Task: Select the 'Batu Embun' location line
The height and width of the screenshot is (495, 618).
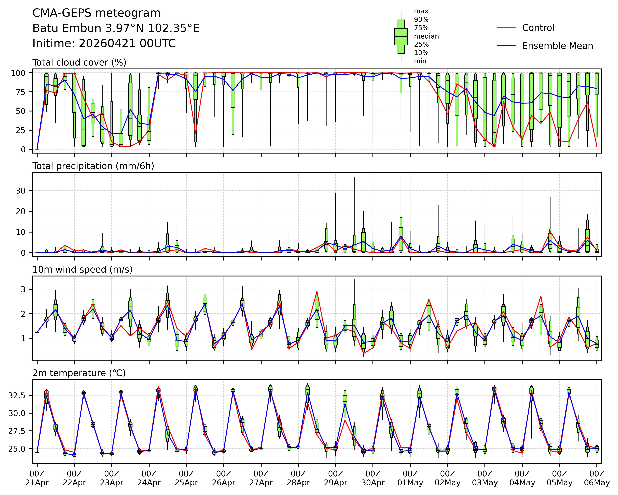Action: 116,28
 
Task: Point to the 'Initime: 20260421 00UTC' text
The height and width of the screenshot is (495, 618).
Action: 104,44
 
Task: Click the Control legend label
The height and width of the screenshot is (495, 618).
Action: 538,28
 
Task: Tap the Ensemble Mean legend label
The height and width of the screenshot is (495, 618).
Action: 557,46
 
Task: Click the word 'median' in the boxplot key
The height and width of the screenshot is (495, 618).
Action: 426,36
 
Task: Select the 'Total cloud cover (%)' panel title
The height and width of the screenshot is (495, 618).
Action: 79,63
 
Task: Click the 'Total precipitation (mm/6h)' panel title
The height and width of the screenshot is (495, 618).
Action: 93,166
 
